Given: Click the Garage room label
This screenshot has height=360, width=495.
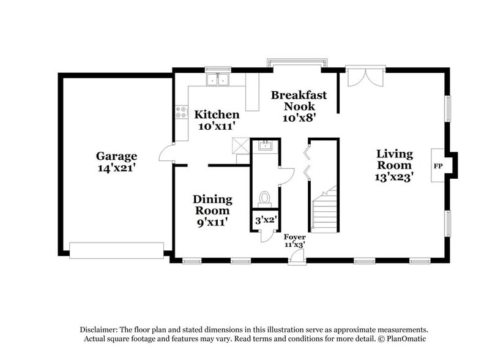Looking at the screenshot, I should (x=116, y=156).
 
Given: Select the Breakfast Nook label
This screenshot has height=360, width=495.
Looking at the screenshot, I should (x=299, y=100).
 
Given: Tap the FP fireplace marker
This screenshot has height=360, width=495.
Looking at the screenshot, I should (x=438, y=166).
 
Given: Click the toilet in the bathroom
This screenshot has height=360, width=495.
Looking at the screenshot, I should (x=265, y=198).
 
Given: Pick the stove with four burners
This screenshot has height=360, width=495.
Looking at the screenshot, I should (x=182, y=112).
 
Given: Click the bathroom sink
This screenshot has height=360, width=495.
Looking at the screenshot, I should (x=265, y=145).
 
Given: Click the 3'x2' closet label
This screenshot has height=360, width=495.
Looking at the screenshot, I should (x=264, y=219).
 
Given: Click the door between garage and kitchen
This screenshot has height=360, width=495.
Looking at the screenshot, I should (x=165, y=156).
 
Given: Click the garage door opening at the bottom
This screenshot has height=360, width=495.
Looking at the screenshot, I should (x=116, y=250).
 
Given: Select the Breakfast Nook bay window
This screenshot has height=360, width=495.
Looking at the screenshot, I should (x=298, y=62).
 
